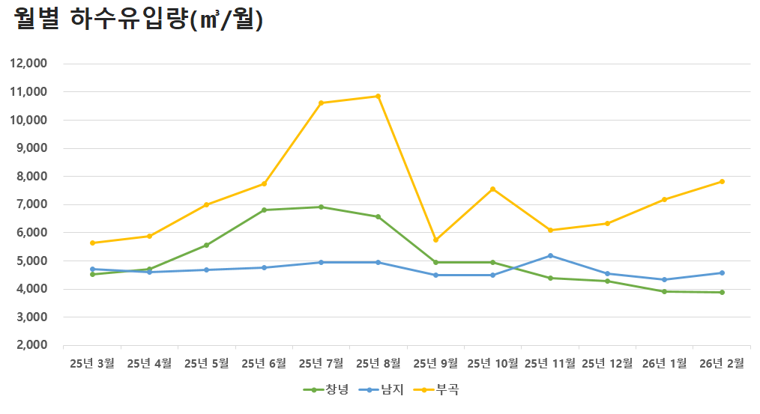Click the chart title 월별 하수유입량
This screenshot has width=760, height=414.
(139, 20)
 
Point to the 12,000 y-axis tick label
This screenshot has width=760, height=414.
(28, 64)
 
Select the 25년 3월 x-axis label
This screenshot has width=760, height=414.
(92, 364)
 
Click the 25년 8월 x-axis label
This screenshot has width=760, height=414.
(379, 364)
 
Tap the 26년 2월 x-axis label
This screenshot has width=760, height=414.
(722, 364)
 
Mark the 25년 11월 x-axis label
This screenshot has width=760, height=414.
(550, 364)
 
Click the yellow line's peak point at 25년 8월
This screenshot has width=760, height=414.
(378, 96)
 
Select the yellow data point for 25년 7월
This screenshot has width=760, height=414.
(321, 103)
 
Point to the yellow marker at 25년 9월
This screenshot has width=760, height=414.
(435, 240)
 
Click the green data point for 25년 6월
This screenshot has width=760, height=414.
(264, 210)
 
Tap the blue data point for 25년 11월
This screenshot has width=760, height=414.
(550, 255)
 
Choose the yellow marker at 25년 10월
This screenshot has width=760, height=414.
(492, 189)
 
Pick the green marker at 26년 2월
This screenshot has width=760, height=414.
(722, 292)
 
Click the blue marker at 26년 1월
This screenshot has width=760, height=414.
(664, 279)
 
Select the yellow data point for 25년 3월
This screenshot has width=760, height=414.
(92, 243)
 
